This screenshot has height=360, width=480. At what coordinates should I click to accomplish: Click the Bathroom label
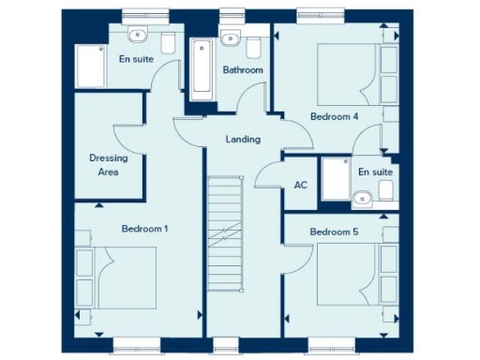(x=242, y=70)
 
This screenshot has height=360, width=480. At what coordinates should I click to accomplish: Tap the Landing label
(x=243, y=140)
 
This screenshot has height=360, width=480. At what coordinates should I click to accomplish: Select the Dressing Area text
(x=108, y=164)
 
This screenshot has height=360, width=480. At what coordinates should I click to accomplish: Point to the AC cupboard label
(x=300, y=185)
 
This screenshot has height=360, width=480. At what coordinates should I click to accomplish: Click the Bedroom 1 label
(x=144, y=228)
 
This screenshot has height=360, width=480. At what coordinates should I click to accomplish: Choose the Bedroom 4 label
(x=334, y=116)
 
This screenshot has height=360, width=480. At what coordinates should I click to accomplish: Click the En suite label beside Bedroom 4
(x=375, y=172)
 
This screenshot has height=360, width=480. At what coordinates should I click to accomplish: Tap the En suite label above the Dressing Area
(x=136, y=59)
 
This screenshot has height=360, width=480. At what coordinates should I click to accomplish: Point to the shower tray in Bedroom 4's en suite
(x=335, y=178)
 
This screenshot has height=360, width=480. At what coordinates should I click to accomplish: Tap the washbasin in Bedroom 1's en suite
(x=139, y=36)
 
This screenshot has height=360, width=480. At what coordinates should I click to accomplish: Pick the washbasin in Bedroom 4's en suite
(x=362, y=197)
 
